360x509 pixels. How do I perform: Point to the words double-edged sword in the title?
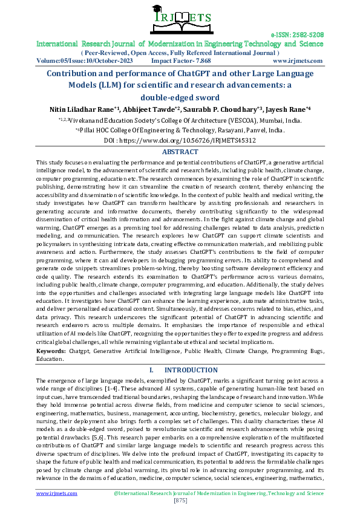pyautogui.click(x=179, y=97)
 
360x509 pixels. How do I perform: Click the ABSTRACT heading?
pyautogui.click(x=180, y=153)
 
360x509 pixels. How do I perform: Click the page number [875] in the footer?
pyautogui.click(x=180, y=501)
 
